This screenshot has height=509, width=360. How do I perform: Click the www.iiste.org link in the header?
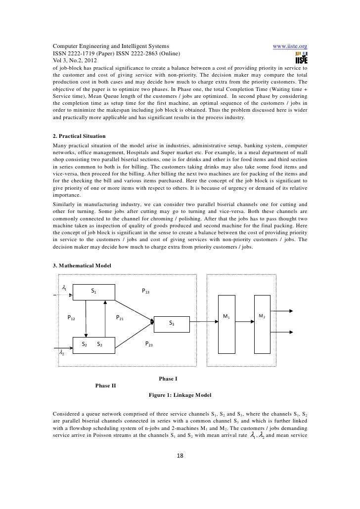(290, 46)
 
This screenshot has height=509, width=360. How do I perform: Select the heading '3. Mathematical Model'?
(82, 265)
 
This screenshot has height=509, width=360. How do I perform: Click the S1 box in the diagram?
(93, 292)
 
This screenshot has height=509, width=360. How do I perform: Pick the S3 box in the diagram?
(171, 323)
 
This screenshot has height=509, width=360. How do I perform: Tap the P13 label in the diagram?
(146, 292)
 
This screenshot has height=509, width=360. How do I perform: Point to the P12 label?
(71, 318)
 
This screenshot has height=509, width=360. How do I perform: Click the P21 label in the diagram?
(120, 318)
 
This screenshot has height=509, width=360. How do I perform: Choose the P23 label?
(148, 343)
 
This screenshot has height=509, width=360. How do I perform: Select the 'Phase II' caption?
(105, 385)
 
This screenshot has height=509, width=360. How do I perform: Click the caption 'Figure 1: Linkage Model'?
(180, 395)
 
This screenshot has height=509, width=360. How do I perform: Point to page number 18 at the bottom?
(180, 455)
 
